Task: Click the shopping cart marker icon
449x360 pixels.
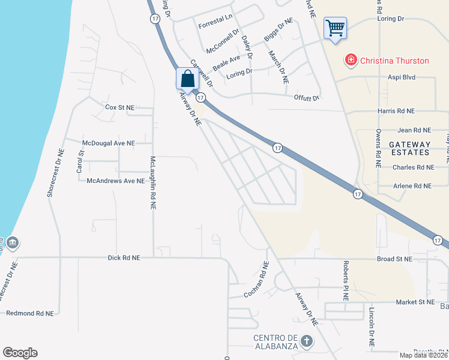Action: coord(335,28)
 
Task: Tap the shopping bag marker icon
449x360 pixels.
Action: coord(187,79)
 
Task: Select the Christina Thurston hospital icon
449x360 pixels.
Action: coord(350,61)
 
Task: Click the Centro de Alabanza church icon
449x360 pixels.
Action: coord(307,341)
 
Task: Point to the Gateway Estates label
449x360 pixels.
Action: coord(410,149)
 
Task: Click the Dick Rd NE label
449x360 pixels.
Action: coord(124,257)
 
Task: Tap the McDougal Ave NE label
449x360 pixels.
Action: coord(109,143)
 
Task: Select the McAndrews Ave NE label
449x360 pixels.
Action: coord(116,180)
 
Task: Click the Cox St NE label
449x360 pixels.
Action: coord(119,107)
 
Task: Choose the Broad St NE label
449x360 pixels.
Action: coord(394,259)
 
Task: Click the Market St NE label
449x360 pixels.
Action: coord(415,302)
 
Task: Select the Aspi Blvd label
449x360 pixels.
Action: coord(402,78)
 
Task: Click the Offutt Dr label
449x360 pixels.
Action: coord(306,97)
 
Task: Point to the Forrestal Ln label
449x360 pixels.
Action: coord(215,19)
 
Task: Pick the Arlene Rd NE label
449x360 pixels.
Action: coord(412,186)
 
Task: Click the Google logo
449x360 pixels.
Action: coord(20,353)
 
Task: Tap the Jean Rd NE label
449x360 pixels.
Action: coord(414,130)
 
